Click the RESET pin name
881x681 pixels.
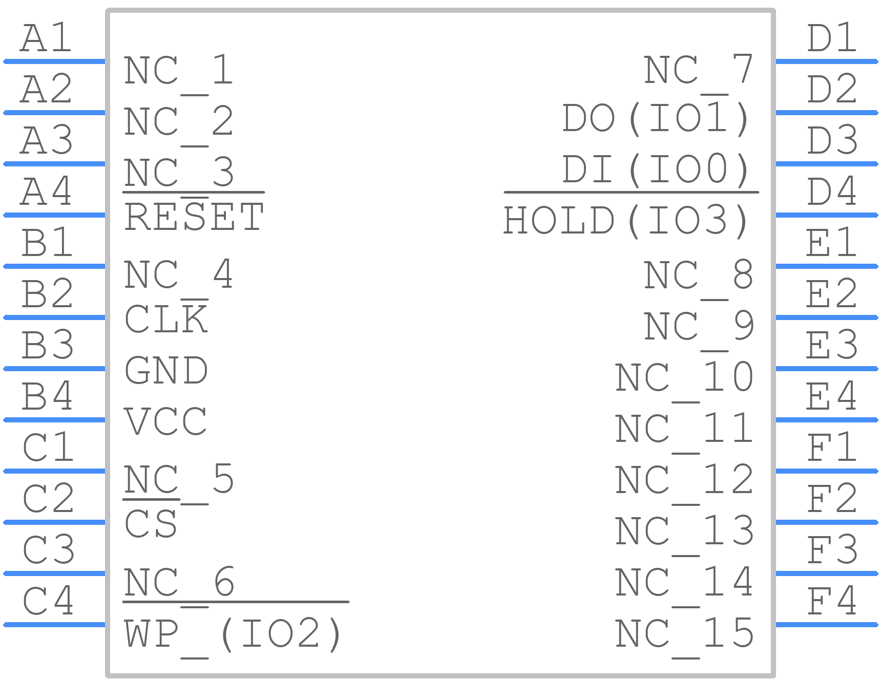194,217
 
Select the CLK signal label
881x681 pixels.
166,319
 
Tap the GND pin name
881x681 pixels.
166,370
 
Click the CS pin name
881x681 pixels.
151,524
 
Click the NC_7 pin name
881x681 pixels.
698,72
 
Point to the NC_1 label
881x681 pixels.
179,72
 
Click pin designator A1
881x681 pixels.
46,38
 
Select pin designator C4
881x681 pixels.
48,601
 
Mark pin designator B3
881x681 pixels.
47,345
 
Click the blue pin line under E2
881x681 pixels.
827,317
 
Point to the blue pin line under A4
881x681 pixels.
54,215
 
